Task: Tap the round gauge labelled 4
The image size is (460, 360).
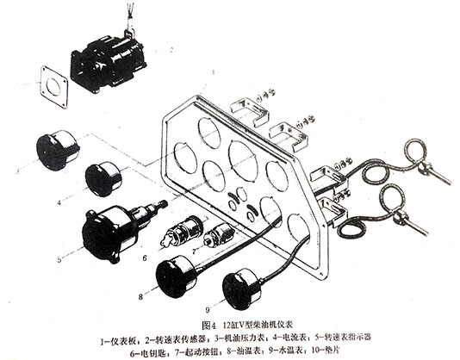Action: [104, 180]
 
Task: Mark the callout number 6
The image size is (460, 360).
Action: [146, 258]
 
